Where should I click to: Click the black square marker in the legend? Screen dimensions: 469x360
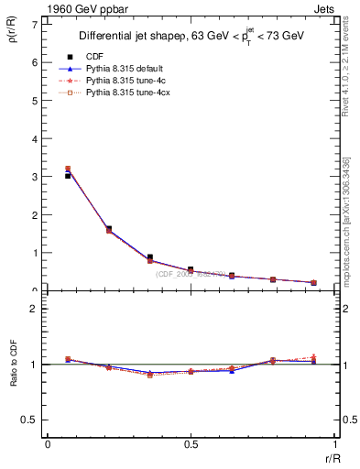pos(71,55)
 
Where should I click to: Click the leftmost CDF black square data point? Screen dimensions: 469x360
pos(68,176)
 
